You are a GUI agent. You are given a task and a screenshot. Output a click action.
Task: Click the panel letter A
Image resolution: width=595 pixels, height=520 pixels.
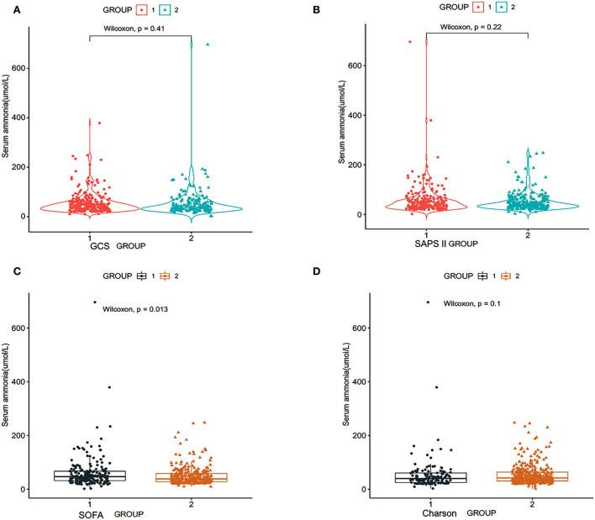click(6, 11)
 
